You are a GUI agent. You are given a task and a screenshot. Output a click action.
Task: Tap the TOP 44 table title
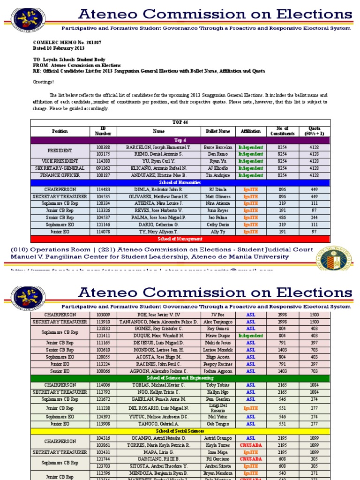pyautogui.click(x=180, y=122)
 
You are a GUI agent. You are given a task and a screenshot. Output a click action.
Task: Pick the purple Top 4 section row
pyautogui.click(x=180, y=140)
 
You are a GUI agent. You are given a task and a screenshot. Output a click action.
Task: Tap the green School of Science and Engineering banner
pyautogui.click(x=180, y=378)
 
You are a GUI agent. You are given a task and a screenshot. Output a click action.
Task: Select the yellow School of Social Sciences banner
pyautogui.click(x=180, y=430)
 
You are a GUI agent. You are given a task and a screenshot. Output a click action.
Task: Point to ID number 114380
pyautogui.click(x=103, y=161)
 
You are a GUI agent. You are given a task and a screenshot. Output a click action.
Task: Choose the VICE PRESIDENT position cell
pyautogui.click(x=60, y=161)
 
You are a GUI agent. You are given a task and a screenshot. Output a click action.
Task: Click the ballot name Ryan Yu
pyautogui.click(x=217, y=161)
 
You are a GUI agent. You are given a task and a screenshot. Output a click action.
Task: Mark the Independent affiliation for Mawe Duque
pyautogui.click(x=251, y=336)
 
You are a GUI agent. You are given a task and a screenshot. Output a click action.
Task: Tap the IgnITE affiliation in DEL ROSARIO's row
pyautogui.click(x=251, y=408)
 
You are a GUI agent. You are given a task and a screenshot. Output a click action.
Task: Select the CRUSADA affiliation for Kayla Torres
pyautogui.click(x=251, y=444)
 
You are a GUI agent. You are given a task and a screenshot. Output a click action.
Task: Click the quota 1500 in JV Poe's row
pyautogui.click(x=314, y=315)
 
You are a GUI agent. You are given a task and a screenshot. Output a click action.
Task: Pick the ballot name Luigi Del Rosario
pyautogui.click(x=217, y=408)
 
